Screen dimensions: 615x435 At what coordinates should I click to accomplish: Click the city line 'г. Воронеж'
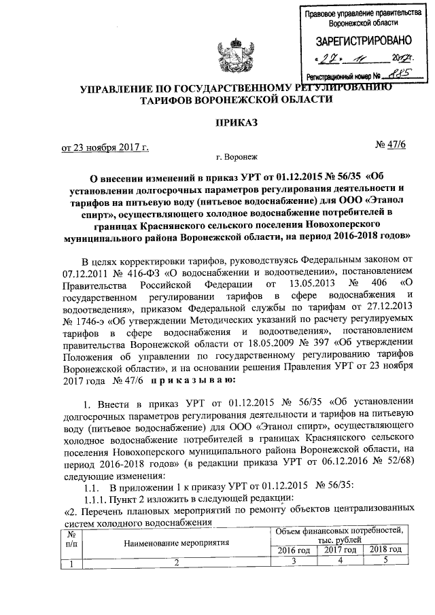(234, 157)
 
